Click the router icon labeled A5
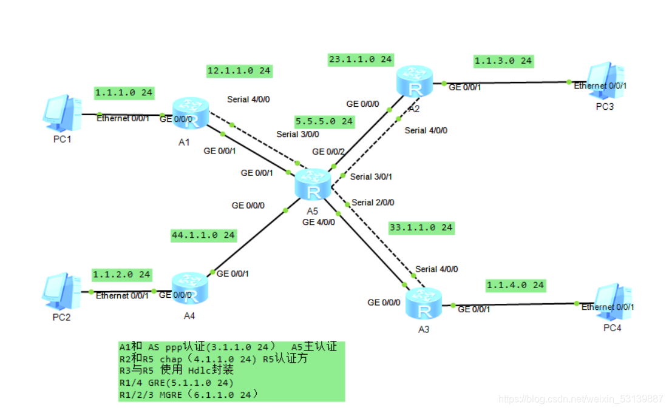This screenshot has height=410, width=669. [x=313, y=184]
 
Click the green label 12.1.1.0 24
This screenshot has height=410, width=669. [x=239, y=71]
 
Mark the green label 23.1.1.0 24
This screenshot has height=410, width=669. [x=361, y=59]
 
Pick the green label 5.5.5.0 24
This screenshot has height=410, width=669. [x=324, y=121]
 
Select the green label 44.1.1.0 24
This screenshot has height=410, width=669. [x=203, y=235]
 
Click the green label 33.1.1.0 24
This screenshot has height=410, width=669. [x=421, y=227]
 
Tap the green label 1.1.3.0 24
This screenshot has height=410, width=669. [x=503, y=61]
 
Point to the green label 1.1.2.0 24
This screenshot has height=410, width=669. [x=121, y=275]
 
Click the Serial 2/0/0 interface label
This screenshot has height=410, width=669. [x=377, y=203]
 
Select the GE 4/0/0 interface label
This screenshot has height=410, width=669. [x=318, y=222]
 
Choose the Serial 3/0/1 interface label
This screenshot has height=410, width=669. [x=371, y=176]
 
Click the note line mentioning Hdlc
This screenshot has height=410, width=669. [x=177, y=370]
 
